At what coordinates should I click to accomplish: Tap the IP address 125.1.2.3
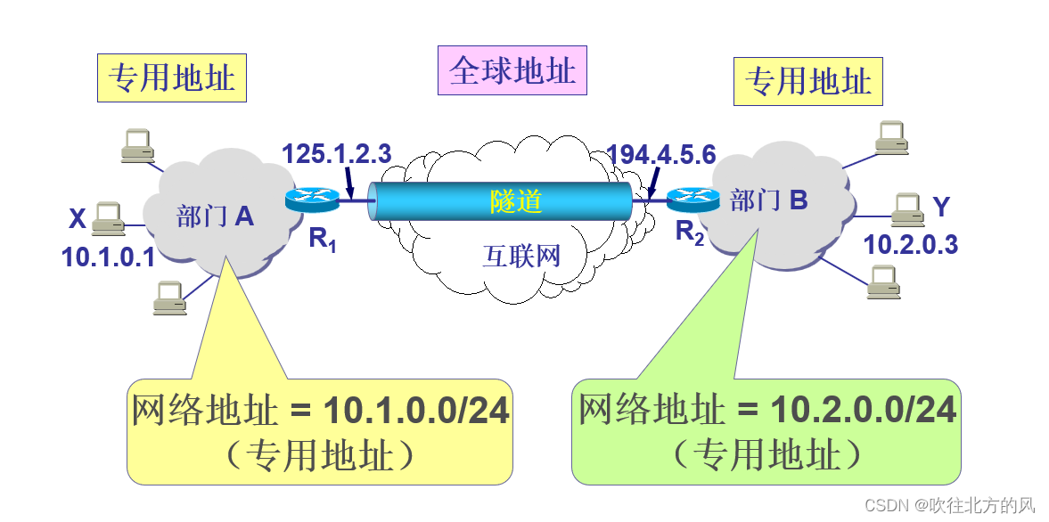click(337, 153)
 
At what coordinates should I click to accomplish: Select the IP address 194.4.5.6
click(661, 153)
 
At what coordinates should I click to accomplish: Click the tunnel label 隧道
click(515, 200)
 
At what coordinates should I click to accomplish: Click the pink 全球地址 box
click(512, 71)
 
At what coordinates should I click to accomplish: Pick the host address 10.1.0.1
click(108, 257)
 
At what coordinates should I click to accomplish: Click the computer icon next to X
click(106, 216)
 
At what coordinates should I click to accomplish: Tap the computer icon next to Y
click(906, 208)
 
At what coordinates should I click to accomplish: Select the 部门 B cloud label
click(768, 200)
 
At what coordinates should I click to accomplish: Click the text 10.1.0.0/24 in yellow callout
click(416, 411)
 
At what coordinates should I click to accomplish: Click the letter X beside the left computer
click(78, 218)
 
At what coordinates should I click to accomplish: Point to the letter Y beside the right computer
click(941, 207)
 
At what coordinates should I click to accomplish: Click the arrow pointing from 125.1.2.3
click(350, 185)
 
